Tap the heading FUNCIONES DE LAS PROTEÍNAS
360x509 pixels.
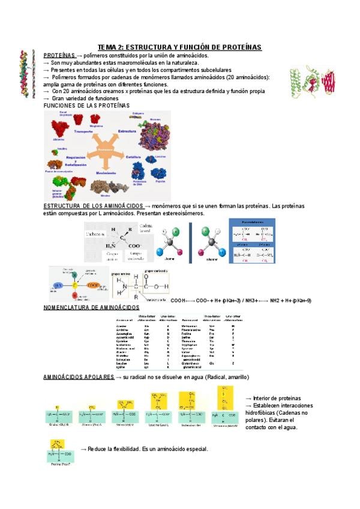tap(87, 106)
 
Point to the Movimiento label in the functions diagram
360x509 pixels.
tap(106, 172)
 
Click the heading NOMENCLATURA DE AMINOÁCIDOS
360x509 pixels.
tap(91, 307)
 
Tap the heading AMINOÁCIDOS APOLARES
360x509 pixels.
tap(78, 377)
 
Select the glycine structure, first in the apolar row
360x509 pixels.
tap(58, 415)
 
